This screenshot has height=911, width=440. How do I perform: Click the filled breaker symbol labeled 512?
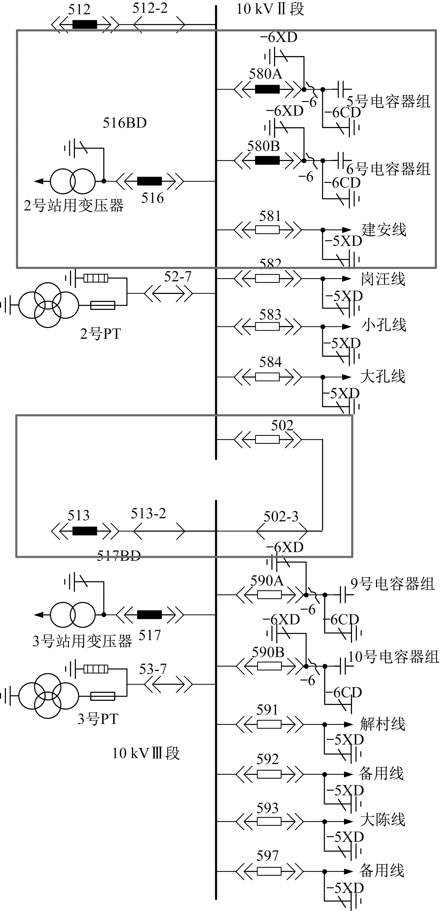[x=84, y=24]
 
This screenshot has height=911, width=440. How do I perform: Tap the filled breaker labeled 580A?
[x=267, y=89]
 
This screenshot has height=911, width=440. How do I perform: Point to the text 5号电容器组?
[x=388, y=102]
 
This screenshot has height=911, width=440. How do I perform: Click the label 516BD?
[x=125, y=123]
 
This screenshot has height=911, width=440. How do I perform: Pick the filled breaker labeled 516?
[x=149, y=181]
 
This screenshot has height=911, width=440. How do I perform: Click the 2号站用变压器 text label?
[x=74, y=206]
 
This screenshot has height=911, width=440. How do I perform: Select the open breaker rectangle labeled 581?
[x=267, y=230]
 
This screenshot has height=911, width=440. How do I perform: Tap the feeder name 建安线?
[x=384, y=230]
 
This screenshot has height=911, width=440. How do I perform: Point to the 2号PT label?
[x=100, y=334]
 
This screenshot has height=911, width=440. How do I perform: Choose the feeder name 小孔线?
[x=384, y=325]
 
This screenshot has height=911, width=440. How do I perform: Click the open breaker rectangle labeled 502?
[x=267, y=440]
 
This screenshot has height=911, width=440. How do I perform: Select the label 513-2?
[x=148, y=514]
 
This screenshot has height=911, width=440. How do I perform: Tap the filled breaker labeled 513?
[x=84, y=531]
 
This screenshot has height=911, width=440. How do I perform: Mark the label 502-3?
[x=281, y=517]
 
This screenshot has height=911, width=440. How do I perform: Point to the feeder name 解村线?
[x=382, y=724]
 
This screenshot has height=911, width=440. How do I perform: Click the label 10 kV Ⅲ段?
[x=146, y=754]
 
